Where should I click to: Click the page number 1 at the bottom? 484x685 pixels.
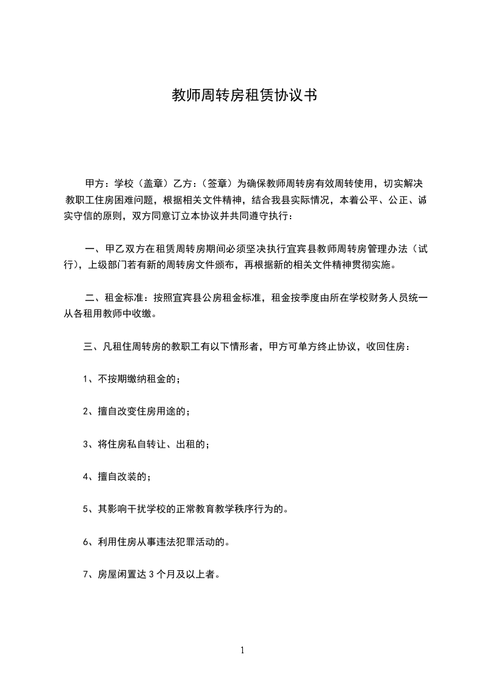[242, 651]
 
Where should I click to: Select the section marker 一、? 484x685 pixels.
[93, 249]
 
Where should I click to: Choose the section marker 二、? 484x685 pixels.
[93, 299]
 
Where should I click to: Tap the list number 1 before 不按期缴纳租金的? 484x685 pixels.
[86, 379]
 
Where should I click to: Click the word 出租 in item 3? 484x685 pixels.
[188, 444]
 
